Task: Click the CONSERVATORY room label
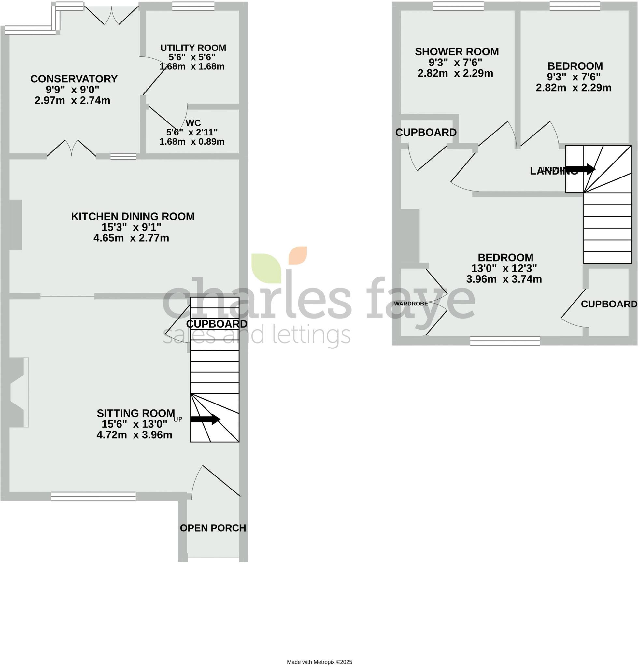pos(74,79)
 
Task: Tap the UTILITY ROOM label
pos(193,48)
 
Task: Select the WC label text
pos(193,123)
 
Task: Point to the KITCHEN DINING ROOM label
pos(133,217)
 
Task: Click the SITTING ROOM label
pos(136,414)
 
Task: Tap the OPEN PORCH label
pos(213,528)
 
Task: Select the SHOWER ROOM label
pos(457,52)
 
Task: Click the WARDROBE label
pos(411,304)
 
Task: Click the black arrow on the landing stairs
pos(580,169)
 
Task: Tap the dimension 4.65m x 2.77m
pos(131,238)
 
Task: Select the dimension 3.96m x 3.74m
pos(504,279)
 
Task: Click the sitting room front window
pos(93,497)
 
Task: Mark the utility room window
pos(193,6)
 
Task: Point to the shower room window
pos(458,6)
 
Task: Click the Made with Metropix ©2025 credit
pos(319,662)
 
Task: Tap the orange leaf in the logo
pos(298,255)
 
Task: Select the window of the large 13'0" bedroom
pos(505,341)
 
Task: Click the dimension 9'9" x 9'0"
pos(73,90)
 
